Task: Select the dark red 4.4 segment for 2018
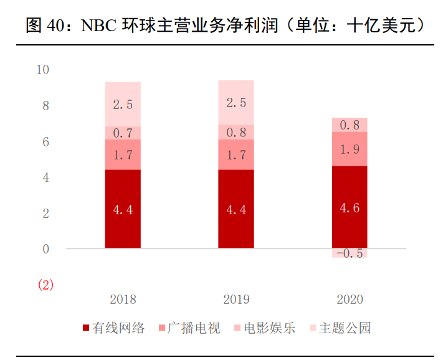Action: [123, 209]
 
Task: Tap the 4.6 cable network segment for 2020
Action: [349, 207]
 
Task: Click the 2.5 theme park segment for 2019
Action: [236, 103]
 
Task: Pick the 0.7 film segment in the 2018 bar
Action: [123, 133]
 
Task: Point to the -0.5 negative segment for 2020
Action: [349, 253]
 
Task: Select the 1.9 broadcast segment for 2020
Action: [349, 149]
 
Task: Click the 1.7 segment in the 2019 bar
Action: [236, 154]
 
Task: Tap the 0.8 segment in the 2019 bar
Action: [236, 132]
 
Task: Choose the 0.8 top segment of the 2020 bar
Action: [349, 125]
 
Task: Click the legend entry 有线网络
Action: [113, 328]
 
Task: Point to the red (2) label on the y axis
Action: [46, 285]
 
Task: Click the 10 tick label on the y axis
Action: [43, 70]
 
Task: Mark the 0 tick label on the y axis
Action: [45, 249]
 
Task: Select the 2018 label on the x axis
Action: [123, 300]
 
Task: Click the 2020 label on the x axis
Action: [350, 300]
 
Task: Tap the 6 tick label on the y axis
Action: [45, 142]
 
